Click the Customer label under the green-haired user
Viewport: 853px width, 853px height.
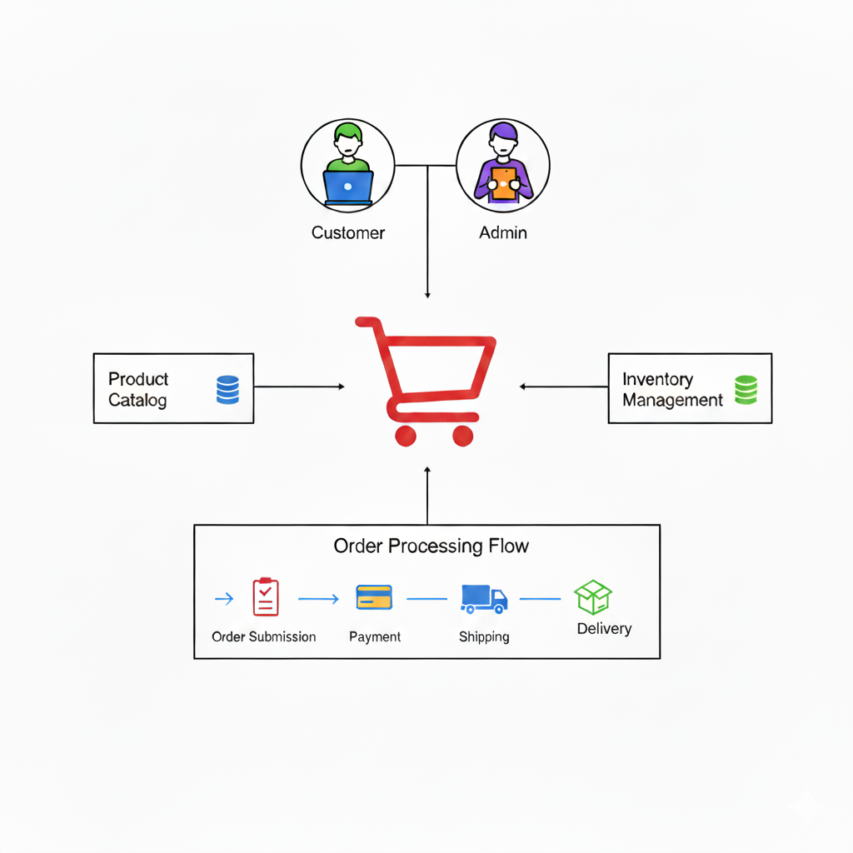tap(348, 233)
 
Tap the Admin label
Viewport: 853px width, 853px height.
tap(503, 233)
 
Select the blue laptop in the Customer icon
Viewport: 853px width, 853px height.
tap(348, 187)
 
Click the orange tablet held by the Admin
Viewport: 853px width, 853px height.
tap(503, 183)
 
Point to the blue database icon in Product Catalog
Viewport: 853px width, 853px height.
tap(227, 390)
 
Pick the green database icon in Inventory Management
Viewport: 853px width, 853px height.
tap(746, 390)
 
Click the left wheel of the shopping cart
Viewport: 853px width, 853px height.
tap(406, 435)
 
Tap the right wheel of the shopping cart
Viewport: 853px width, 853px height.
tap(463, 435)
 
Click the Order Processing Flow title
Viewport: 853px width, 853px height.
tap(431, 546)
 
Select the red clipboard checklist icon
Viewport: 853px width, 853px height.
tap(265, 597)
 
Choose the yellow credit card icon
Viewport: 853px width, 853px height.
tap(374, 597)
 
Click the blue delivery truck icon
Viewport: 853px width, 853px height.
tap(483, 598)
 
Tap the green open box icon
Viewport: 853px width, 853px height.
tap(593, 597)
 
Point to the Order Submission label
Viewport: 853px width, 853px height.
tap(264, 637)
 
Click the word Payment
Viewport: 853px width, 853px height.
tap(375, 637)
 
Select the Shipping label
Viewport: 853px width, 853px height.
tap(484, 637)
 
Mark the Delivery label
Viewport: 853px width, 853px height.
tap(604, 629)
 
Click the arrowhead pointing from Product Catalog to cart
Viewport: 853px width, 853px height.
tap(341, 387)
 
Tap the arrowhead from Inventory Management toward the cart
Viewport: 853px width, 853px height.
tap(522, 387)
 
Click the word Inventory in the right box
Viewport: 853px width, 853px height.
tap(657, 380)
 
